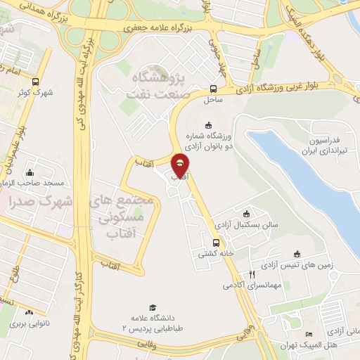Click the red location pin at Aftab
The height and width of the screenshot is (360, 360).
181,164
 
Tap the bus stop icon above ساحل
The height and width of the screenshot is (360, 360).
213,89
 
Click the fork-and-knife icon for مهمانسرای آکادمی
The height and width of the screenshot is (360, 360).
251,275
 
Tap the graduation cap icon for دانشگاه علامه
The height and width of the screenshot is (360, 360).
152,308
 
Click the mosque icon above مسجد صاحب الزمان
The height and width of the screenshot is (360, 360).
30,173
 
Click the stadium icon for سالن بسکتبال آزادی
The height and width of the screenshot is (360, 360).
246,214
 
